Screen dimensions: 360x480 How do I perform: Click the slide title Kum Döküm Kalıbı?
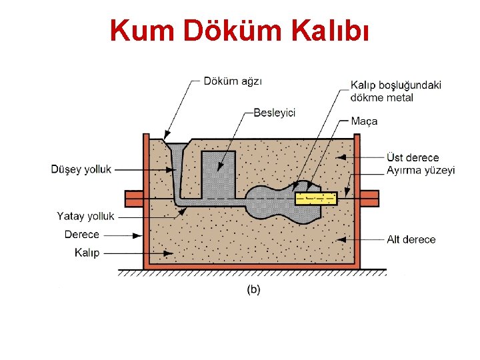(x=239, y=30)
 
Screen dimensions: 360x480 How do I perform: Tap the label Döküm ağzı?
(x=233, y=81)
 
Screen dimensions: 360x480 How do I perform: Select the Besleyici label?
(x=274, y=113)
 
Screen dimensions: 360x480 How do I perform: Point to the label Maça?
(x=364, y=121)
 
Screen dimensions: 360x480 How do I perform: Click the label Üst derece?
(x=413, y=157)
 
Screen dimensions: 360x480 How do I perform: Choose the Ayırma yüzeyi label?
(x=421, y=170)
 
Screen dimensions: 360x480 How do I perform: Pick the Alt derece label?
(x=411, y=239)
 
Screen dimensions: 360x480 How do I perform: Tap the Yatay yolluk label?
(x=85, y=216)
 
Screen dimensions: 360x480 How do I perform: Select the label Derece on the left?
(x=81, y=235)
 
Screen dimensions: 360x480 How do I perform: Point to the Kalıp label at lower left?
(x=87, y=253)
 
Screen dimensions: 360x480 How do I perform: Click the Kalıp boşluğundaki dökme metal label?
(x=395, y=91)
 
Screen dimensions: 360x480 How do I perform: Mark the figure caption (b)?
(x=254, y=289)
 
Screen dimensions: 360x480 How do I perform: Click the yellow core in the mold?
(x=317, y=198)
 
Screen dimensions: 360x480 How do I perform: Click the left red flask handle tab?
(x=134, y=198)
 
